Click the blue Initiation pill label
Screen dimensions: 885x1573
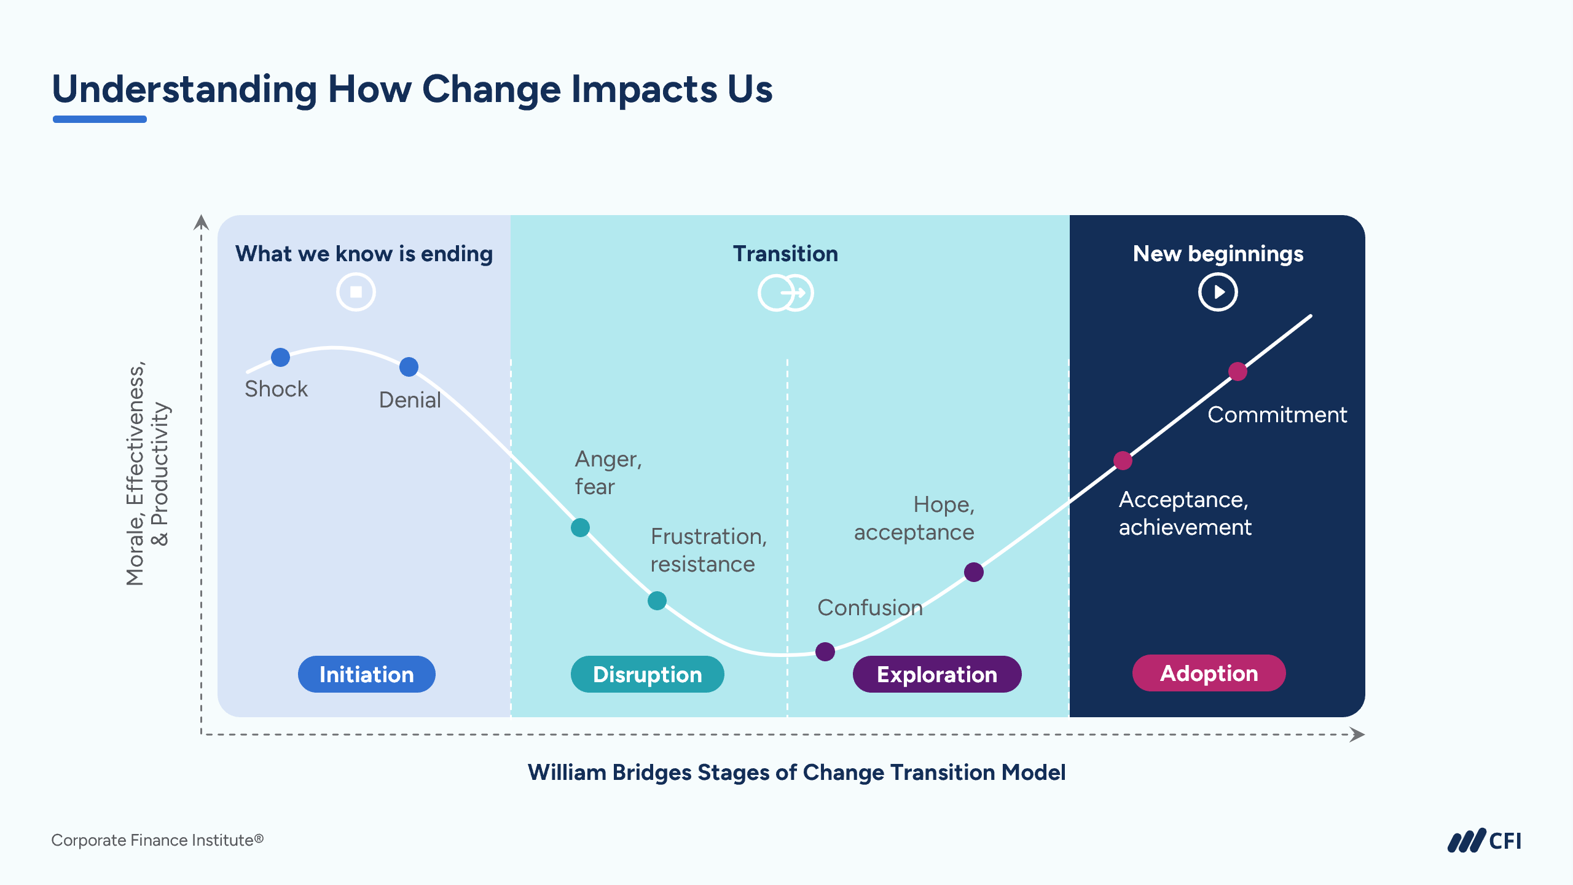(x=366, y=674)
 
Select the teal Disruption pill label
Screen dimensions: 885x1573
(x=647, y=674)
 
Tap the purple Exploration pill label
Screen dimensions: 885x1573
(x=936, y=674)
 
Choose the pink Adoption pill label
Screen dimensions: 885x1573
(x=1209, y=673)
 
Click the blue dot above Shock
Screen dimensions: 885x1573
(x=280, y=357)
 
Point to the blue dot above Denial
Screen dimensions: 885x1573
(x=409, y=367)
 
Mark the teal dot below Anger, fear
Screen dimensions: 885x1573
(x=580, y=527)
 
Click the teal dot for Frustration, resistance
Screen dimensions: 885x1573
(x=657, y=600)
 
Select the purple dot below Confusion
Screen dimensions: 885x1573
(x=825, y=651)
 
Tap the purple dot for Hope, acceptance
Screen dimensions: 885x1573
(x=973, y=572)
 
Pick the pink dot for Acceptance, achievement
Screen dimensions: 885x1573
(x=1123, y=460)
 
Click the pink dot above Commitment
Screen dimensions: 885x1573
(x=1238, y=371)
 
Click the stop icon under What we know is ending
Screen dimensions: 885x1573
(x=356, y=292)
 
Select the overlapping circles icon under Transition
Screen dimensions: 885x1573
(x=785, y=293)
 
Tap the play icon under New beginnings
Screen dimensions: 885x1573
(x=1217, y=292)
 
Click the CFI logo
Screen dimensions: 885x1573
(x=1484, y=841)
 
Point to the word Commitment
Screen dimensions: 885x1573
(x=1277, y=415)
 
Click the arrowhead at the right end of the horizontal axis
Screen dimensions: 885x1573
(x=1357, y=734)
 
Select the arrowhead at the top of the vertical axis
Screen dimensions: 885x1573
(x=201, y=222)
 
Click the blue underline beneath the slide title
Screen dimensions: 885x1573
(x=100, y=119)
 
